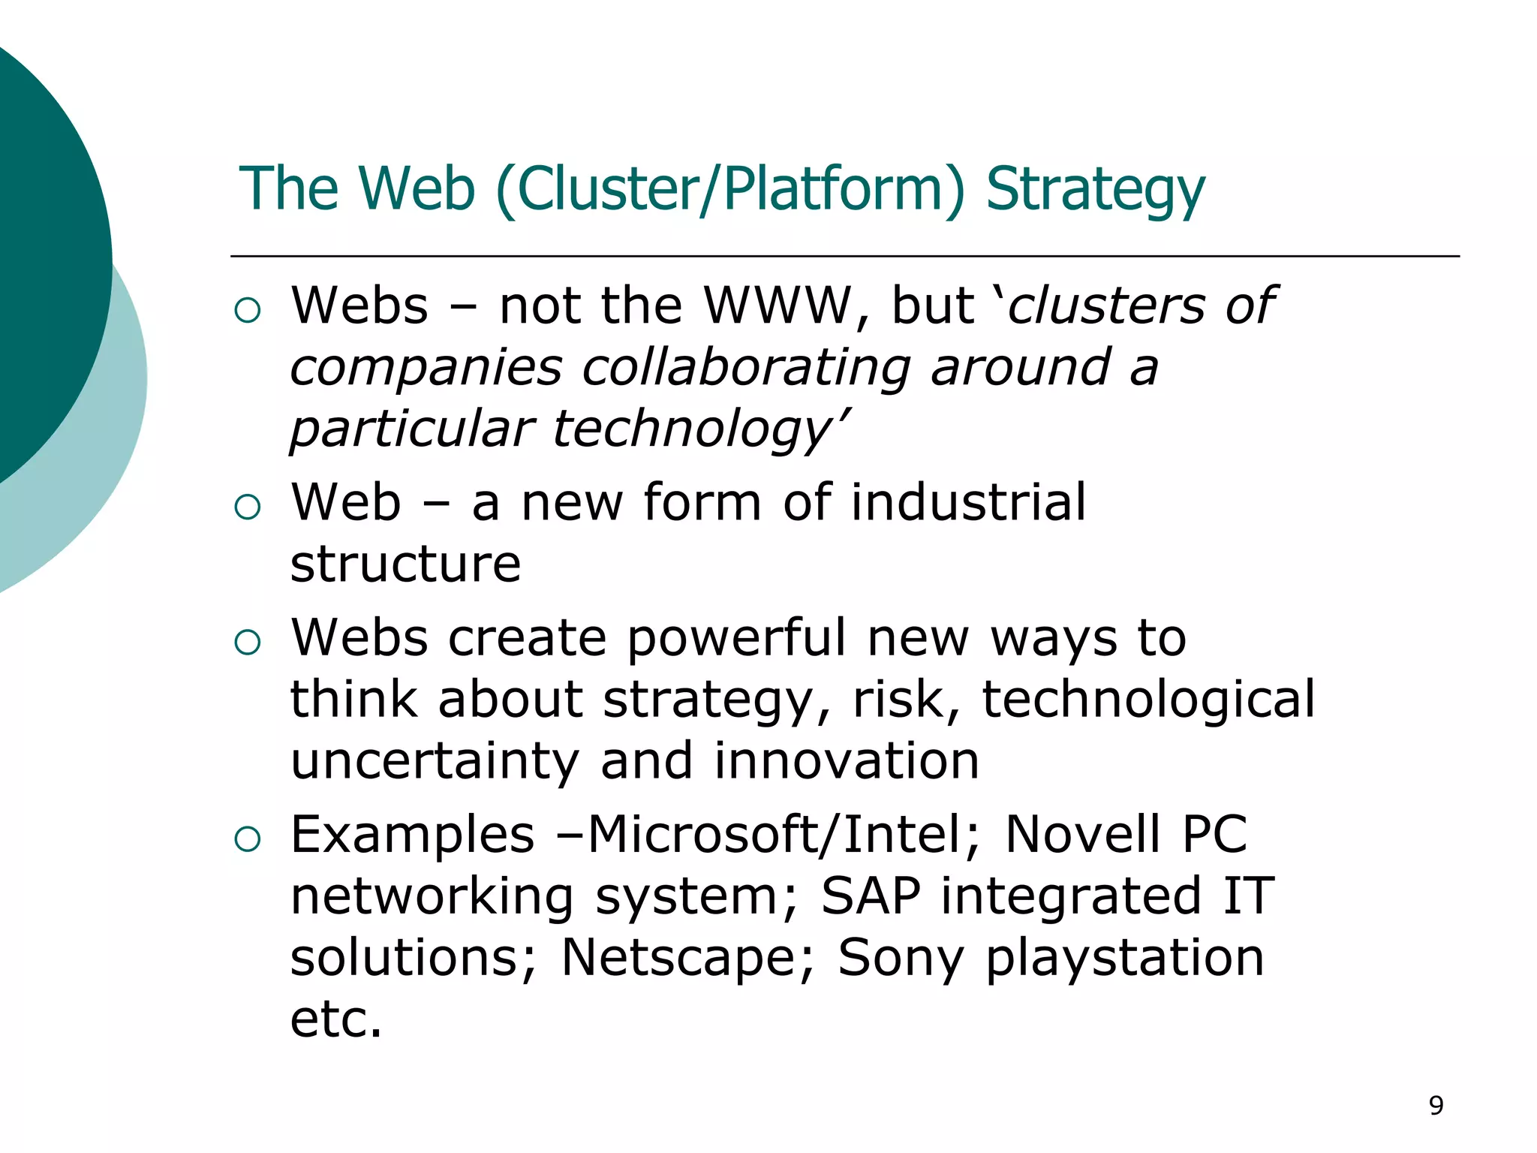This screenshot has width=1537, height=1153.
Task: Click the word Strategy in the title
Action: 1095,189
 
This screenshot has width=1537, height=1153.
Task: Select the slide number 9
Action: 1436,1106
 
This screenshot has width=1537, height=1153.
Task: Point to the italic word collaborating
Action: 746,367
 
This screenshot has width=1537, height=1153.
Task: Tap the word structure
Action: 405,564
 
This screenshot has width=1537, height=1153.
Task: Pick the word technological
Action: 1148,699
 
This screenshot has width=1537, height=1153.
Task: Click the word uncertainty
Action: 435,761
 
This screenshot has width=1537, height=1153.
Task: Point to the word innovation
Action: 847,761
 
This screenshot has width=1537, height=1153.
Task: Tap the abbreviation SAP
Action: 871,896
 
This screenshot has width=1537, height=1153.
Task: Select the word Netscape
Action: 678,958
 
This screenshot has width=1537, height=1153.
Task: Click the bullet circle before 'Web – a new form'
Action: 247,507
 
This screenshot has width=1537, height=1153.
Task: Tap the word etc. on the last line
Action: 336,1019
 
